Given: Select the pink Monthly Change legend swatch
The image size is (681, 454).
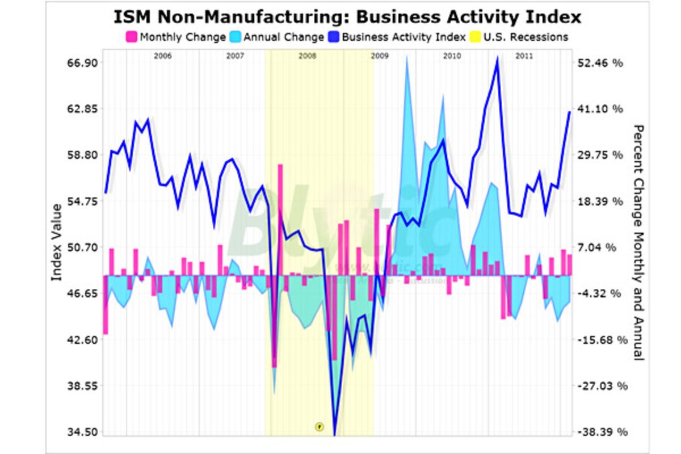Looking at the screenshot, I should point(131,37).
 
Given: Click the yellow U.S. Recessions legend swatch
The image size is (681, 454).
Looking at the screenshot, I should point(474,37).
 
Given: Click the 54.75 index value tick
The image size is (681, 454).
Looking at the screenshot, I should point(83,201).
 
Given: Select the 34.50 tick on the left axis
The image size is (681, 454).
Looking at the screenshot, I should point(83,432).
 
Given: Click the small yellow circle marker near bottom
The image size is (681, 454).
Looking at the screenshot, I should point(319,426).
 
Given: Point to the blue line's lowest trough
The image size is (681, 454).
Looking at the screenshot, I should point(335,434).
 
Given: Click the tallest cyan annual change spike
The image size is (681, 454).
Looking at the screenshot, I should point(407,58).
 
